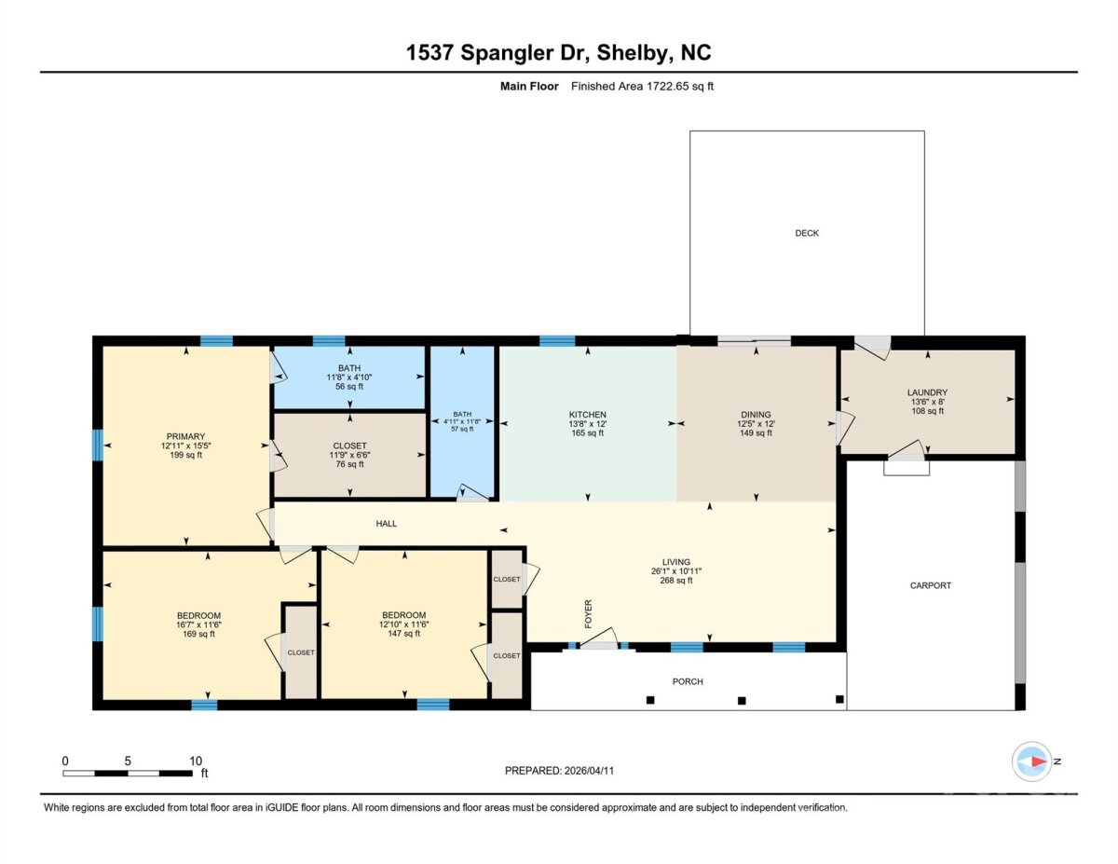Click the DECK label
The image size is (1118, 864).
[x=806, y=233]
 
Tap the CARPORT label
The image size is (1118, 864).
[x=930, y=585]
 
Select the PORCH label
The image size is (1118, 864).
[x=688, y=681]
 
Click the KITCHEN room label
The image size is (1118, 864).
[x=587, y=414]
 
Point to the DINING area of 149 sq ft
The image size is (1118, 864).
[x=756, y=432]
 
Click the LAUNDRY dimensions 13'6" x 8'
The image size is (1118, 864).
[x=927, y=402]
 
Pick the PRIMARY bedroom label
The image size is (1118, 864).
[x=185, y=436]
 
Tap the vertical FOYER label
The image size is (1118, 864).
[x=588, y=613]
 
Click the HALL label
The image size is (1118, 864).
[x=386, y=524]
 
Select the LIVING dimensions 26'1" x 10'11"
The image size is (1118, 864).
[x=676, y=571]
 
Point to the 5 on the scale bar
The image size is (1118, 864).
[x=127, y=761]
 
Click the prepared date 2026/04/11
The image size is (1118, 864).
[x=589, y=771]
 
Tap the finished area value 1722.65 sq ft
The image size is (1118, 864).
[x=679, y=87]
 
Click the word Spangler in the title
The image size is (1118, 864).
[x=524, y=53]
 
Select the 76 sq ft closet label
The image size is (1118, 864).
[x=349, y=464]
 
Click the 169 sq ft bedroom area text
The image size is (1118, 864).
[x=198, y=634]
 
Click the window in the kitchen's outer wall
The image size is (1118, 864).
[x=557, y=340]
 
